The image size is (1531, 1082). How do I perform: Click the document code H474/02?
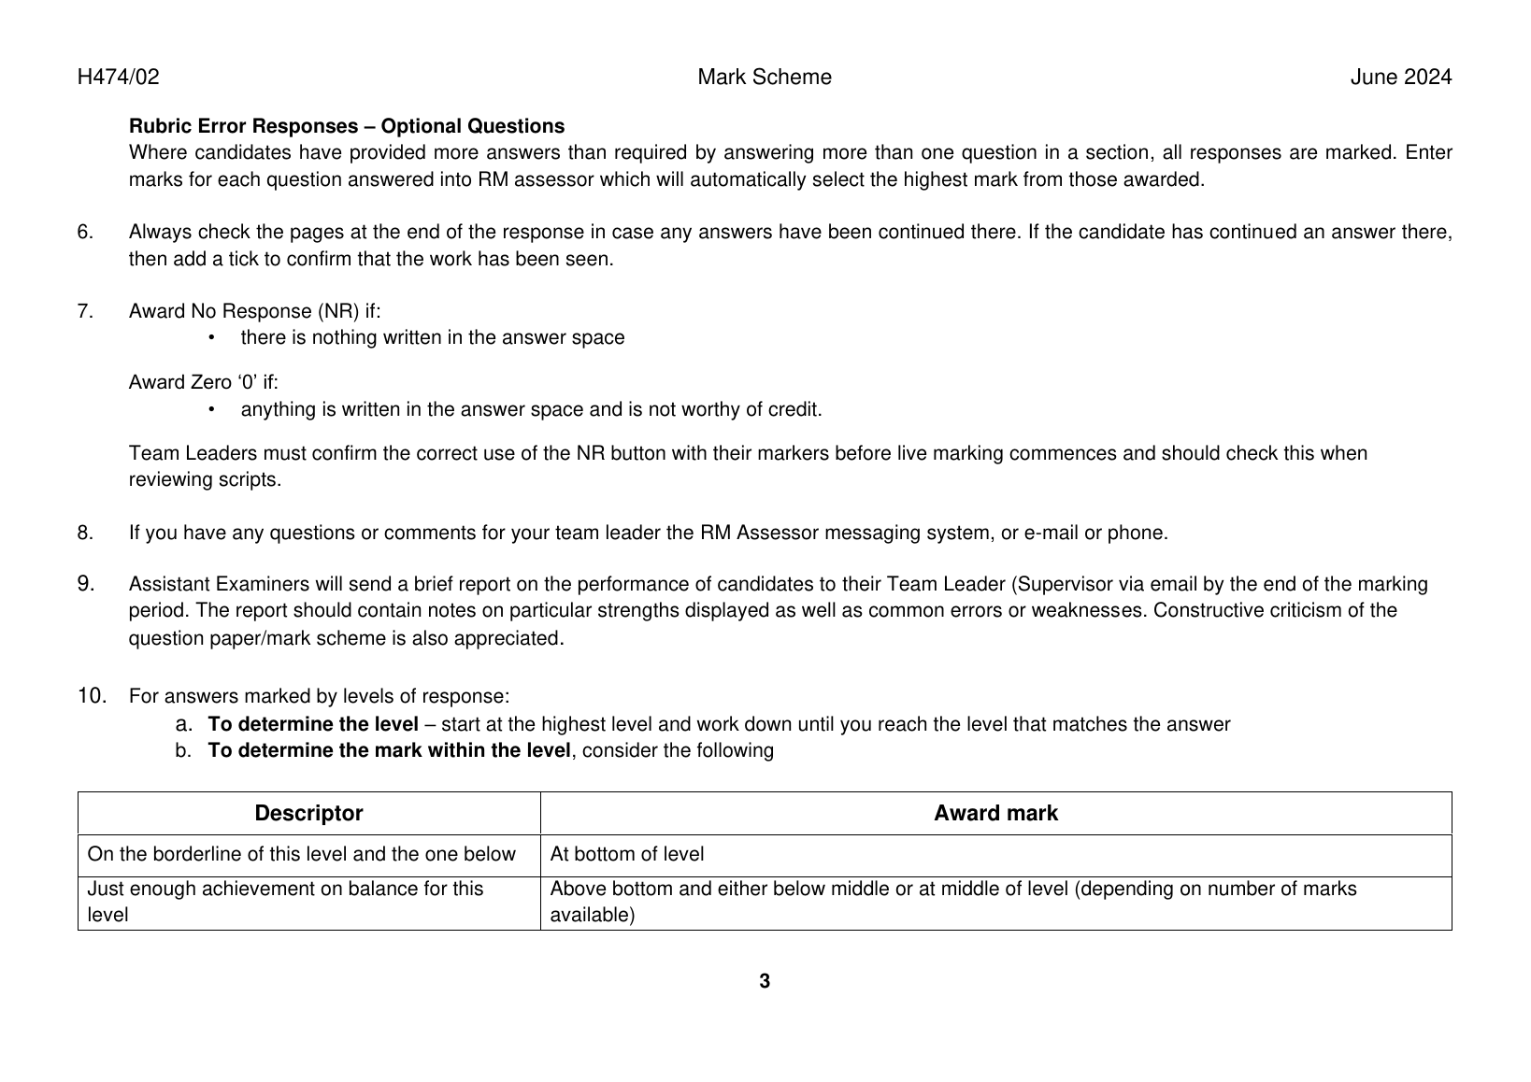pos(118,78)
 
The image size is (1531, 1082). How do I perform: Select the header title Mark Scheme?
pos(764,78)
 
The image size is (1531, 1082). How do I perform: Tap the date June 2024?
pos(1400,78)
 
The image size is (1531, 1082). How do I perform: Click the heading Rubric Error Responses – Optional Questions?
pos(346,126)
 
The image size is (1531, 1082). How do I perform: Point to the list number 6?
pos(85,232)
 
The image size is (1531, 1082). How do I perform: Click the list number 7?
pos(85,311)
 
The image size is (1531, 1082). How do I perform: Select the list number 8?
pos(85,534)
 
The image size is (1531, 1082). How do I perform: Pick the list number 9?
pos(86,584)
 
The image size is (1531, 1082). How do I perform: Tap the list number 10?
pos(92,696)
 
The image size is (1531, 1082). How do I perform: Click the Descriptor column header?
pos(308,813)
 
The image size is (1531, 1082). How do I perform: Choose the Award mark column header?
pos(995,813)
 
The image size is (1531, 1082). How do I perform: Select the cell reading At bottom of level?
pos(627,854)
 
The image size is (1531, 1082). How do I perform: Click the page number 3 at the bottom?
pos(765,981)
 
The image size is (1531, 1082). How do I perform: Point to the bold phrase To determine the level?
pos(313,724)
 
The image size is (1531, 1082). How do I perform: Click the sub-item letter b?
pos(183,750)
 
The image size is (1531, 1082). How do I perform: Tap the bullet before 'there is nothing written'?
pos(212,337)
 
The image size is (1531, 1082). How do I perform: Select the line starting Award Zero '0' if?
pos(203,382)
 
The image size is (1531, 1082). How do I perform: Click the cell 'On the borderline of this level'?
pos(301,854)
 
